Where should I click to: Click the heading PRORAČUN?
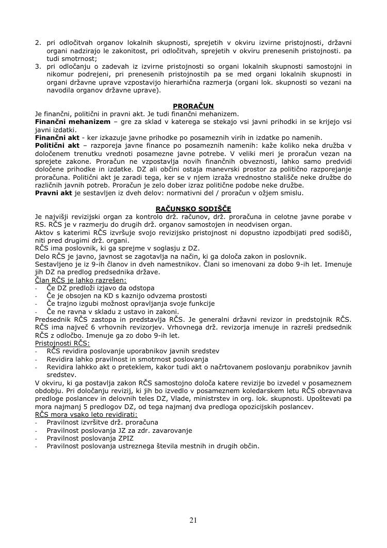point(193,106)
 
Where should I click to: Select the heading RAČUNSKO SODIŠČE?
point(193,209)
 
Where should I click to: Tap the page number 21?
point(193,520)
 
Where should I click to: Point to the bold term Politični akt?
point(57,146)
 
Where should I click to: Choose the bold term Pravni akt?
point(54,193)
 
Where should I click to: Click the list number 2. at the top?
point(38,43)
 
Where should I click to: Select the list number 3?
point(38,66)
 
